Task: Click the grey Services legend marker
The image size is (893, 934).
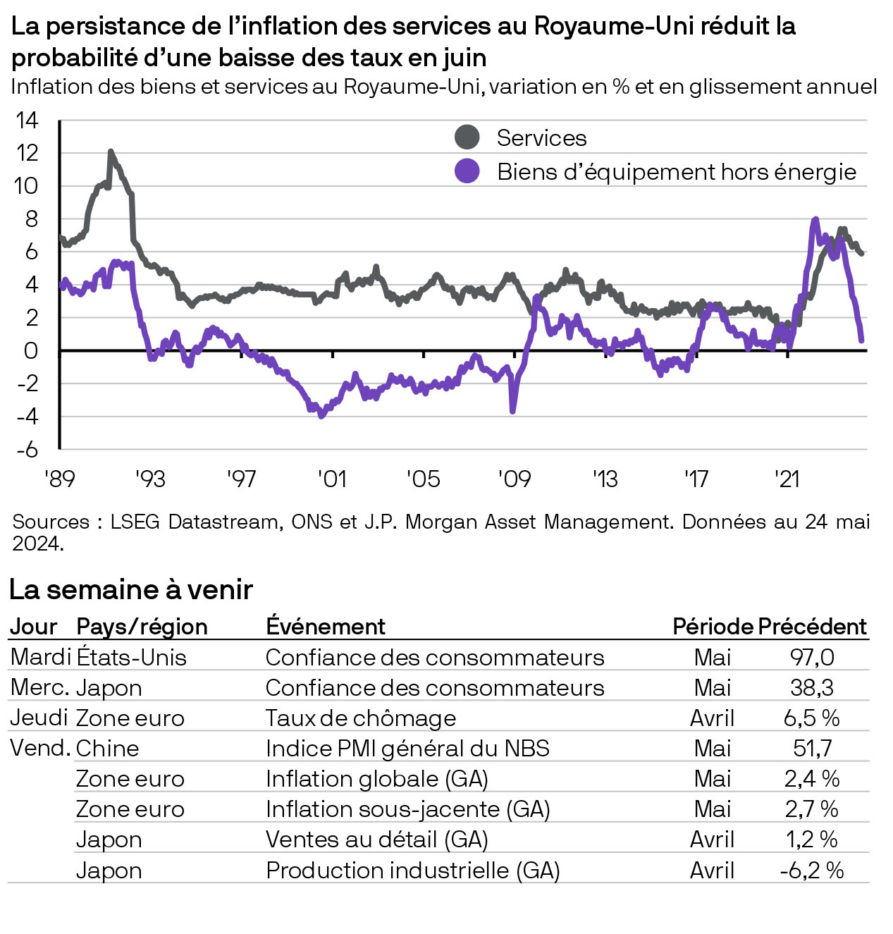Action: [x=467, y=137]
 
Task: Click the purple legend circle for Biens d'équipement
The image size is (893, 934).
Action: [x=467, y=171]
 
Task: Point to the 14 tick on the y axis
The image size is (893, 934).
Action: [x=27, y=121]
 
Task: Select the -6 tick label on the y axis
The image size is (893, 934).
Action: [x=27, y=450]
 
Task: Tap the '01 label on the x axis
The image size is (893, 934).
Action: [x=332, y=479]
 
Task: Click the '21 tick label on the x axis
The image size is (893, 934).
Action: [x=787, y=479]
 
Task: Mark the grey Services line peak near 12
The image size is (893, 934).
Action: [x=111, y=152]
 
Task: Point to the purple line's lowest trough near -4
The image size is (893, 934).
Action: [x=322, y=415]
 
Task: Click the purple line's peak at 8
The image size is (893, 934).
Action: [x=815, y=220]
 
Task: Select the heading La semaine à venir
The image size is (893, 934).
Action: [x=131, y=589]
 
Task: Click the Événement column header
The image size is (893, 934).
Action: [x=326, y=626]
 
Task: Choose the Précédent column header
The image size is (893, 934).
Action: [x=812, y=626]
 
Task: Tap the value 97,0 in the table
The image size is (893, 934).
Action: [x=812, y=657]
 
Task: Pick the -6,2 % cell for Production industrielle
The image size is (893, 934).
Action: [x=812, y=871]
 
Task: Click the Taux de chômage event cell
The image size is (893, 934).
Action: [x=361, y=718]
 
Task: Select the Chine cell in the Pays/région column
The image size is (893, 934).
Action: [x=107, y=748]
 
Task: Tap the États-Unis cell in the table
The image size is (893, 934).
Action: [x=131, y=657]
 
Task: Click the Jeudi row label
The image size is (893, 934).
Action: [x=39, y=718]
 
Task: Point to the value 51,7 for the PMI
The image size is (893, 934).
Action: [x=812, y=748]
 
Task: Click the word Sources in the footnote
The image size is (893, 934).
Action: [x=51, y=522]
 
